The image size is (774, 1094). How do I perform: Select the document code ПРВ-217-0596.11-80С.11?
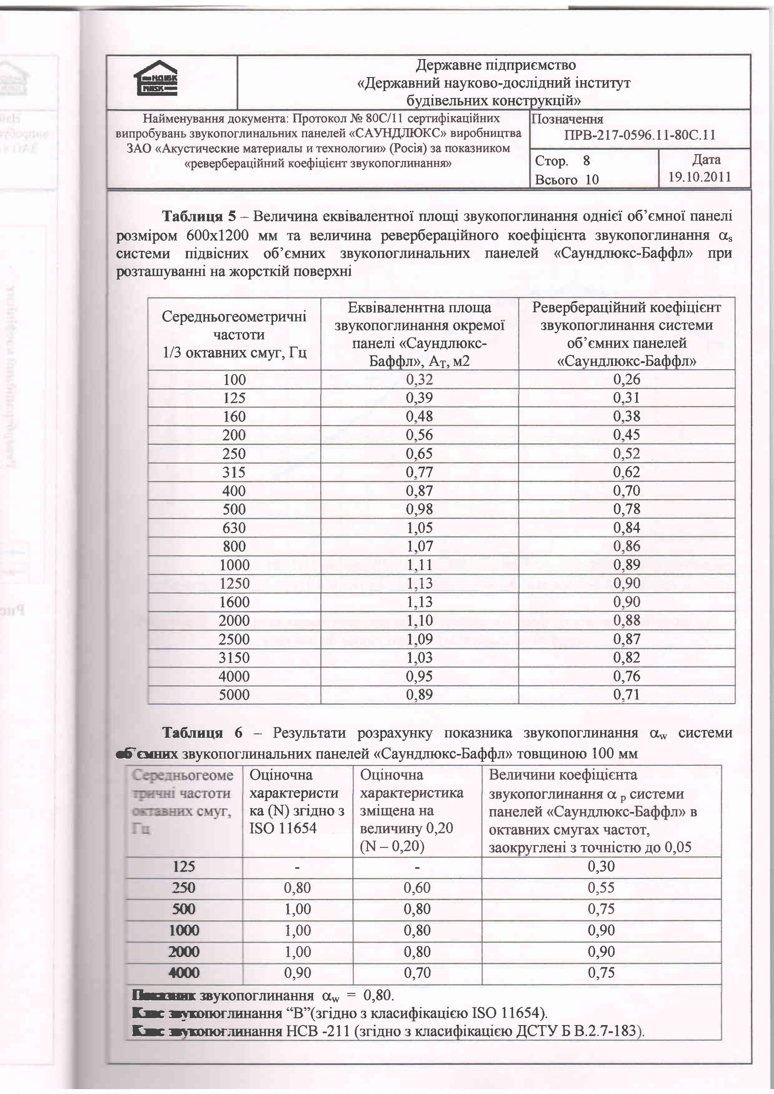tap(639, 135)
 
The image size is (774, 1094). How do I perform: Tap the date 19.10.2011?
tap(699, 177)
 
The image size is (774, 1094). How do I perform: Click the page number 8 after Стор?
tap(586, 161)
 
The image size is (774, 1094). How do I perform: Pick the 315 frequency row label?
tap(234, 472)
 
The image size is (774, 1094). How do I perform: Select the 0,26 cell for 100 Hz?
tap(626, 380)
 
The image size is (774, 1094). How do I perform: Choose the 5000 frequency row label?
tap(234, 695)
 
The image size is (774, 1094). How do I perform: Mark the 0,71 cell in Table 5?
tap(626, 695)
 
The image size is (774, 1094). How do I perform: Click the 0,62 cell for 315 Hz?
tap(626, 472)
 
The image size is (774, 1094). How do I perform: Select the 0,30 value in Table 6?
tap(601, 866)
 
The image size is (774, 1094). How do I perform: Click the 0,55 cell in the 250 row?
tap(601, 888)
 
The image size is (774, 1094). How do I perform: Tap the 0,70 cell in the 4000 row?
tap(417, 973)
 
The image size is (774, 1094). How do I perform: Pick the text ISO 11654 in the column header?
tap(283, 828)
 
